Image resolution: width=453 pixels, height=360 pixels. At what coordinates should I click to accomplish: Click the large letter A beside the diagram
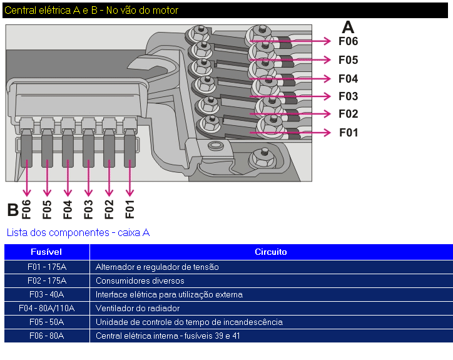click(x=348, y=27)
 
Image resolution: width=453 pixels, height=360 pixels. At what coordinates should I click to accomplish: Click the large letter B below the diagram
click(x=13, y=210)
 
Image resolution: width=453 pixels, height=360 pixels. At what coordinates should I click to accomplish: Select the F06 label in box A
click(x=348, y=41)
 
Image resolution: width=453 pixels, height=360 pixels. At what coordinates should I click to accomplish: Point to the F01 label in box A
click(x=349, y=133)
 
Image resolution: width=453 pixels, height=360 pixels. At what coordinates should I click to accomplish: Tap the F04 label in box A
click(x=348, y=79)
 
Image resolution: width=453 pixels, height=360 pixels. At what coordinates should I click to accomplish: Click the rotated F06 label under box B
click(x=26, y=209)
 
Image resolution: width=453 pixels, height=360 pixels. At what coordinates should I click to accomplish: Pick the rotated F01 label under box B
click(x=130, y=209)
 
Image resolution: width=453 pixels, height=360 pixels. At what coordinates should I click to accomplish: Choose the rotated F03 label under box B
click(x=88, y=209)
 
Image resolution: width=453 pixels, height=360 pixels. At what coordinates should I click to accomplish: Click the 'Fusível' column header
click(x=46, y=252)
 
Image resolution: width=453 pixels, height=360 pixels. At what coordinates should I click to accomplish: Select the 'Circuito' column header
click(x=270, y=252)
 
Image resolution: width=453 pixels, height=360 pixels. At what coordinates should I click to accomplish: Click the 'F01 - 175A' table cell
click(x=46, y=267)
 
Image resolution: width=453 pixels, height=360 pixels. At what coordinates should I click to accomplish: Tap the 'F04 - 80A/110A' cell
click(x=46, y=308)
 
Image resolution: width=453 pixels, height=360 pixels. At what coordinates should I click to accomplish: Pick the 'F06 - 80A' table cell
click(x=46, y=336)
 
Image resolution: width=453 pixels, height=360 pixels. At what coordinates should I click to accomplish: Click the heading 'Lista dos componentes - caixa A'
click(x=78, y=232)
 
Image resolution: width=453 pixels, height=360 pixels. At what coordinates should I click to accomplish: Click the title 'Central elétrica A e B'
click(x=91, y=11)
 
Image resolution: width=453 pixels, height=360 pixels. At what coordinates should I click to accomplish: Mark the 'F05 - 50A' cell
click(x=46, y=322)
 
